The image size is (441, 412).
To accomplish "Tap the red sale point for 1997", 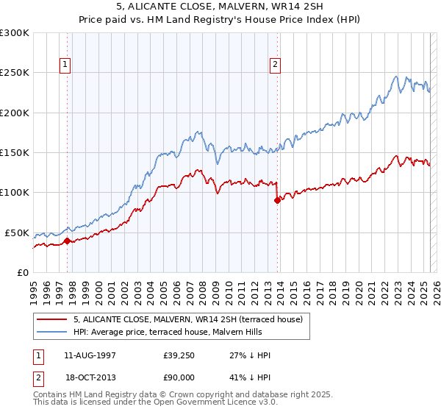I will click(67, 240).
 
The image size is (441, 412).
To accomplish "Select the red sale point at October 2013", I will click(277, 200).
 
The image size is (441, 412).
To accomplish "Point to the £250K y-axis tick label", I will click(15, 73).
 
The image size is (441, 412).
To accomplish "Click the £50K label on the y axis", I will click(17, 232).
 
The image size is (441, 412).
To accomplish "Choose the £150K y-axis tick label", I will click(15, 153).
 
